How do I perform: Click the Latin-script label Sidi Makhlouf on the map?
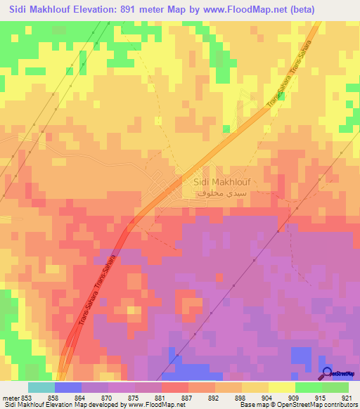click(x=221, y=181)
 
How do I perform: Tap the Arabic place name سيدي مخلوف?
click(x=221, y=192)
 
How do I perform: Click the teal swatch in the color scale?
click(x=41, y=387)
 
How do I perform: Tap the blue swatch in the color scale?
click(x=67, y=387)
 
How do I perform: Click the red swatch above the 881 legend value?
click(x=174, y=387)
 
